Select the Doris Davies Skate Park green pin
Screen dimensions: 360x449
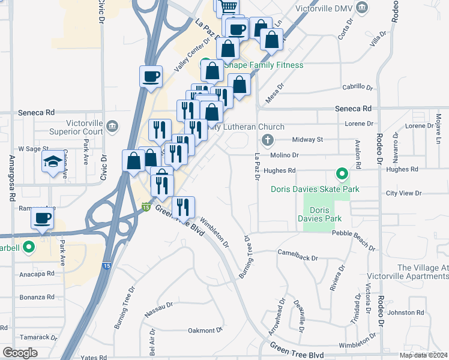(342, 175)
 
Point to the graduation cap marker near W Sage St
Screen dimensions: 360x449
(52, 161)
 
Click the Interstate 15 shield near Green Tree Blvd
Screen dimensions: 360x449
(146, 207)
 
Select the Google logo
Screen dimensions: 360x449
(20, 353)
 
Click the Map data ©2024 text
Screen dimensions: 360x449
(423, 355)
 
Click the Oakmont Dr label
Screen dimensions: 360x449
(205, 330)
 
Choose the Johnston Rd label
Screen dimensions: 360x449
(406, 312)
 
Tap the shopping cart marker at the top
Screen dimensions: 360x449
(228, 7)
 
